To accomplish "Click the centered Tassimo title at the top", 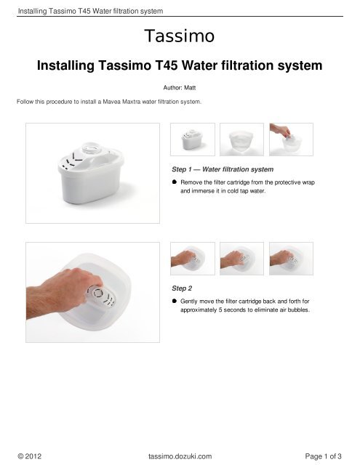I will coord(180,36).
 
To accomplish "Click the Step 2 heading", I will coord(173,288).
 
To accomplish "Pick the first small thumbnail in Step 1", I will coord(192,139).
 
